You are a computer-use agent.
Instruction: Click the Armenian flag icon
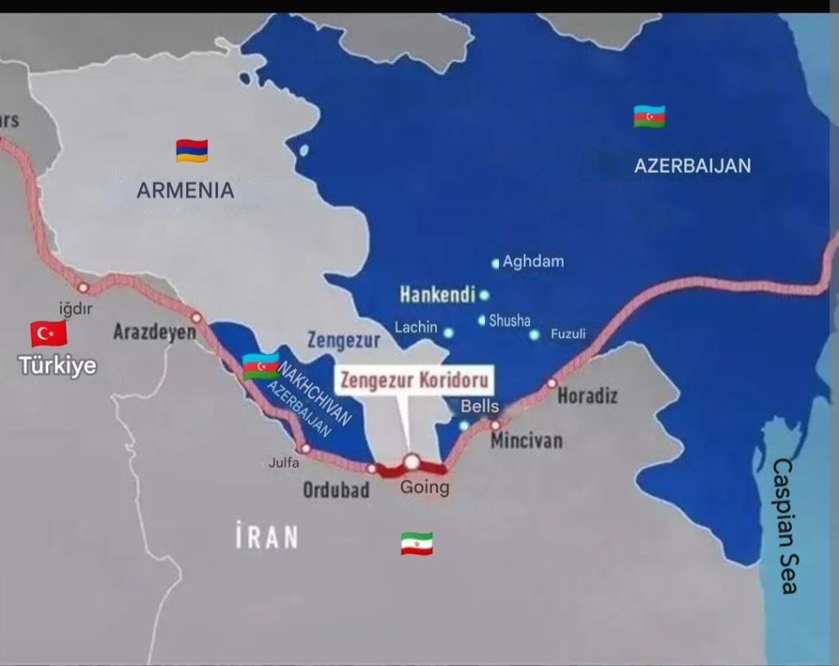point(192,150)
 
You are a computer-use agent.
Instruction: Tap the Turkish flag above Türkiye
point(48,333)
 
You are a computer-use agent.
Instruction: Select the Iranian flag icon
point(416,543)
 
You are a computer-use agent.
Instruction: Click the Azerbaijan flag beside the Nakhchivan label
point(261,365)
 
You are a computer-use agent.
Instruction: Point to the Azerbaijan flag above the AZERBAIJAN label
point(649,116)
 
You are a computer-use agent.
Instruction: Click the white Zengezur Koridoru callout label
point(415,381)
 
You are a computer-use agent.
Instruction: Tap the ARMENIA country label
point(185,191)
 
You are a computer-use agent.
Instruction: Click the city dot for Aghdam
point(495,264)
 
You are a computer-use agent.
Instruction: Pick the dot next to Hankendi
point(484,295)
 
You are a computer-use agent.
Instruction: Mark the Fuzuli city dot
point(534,334)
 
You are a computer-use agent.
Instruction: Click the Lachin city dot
point(448,333)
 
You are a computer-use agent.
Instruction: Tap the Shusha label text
point(510,321)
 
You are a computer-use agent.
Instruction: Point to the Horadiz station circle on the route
point(551,383)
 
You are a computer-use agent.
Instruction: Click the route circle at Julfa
point(305,448)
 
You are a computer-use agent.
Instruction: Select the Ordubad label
point(336,490)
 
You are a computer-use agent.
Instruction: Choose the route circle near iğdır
point(83,288)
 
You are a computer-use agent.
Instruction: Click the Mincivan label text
point(526,441)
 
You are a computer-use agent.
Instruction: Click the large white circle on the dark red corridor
point(411,462)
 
